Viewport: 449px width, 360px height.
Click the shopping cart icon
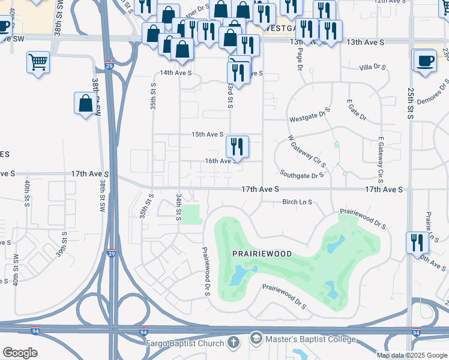click(x=38, y=61)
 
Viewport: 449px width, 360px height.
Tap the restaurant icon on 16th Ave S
click(x=237, y=145)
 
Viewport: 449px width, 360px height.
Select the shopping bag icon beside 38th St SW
click(x=86, y=103)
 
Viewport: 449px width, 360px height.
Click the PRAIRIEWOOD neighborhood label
click(x=262, y=254)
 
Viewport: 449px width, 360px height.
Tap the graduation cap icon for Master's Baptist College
click(x=258, y=339)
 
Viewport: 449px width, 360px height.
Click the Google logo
click(x=20, y=353)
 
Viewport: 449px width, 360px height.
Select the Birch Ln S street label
click(x=297, y=202)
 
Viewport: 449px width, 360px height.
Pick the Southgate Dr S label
click(x=302, y=176)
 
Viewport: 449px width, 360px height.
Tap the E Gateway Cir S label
click(x=381, y=158)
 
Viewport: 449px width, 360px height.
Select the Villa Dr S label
click(x=373, y=68)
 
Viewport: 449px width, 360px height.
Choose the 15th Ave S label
click(x=207, y=134)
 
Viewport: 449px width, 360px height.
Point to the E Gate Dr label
click(x=356, y=111)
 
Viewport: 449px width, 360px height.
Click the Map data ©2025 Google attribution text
click(x=412, y=355)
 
